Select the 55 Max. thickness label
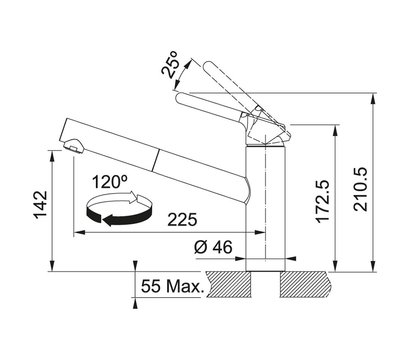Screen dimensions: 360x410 (x=172, y=287)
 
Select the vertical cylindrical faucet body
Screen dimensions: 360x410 (x=263, y=210)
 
